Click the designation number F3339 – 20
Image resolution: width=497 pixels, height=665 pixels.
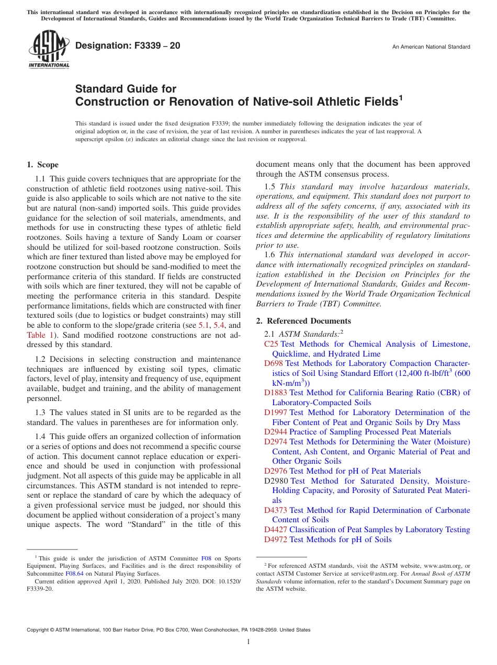tap(128, 46)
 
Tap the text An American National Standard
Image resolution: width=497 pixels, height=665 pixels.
tap(431, 47)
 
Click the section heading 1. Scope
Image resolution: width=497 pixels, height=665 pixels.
tap(43, 165)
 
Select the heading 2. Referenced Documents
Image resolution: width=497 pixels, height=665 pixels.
tap(303, 321)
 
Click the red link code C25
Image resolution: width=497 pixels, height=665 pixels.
tap(271, 344)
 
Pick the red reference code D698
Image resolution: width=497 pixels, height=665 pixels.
tap(274, 363)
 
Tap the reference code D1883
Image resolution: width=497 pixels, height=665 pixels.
tap(276, 393)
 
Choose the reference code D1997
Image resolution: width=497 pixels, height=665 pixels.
tap(276, 412)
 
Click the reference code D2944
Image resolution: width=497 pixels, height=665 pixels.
tap(276, 432)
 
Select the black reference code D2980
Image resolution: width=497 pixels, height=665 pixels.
tap(276, 481)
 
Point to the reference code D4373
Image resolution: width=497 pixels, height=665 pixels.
tap(276, 510)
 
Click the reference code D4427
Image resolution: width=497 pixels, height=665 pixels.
tap(276, 530)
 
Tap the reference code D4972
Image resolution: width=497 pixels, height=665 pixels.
tap(276, 540)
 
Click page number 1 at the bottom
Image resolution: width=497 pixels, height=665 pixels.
tap(249, 642)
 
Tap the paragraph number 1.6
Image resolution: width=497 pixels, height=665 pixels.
tap(269, 255)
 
